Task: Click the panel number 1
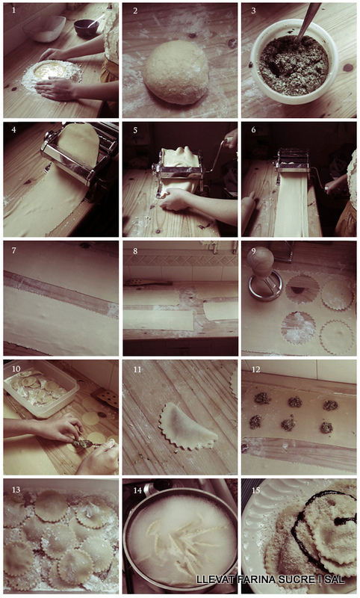[14, 10]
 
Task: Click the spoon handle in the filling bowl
[308, 21]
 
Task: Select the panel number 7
[14, 250]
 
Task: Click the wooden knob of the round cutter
[261, 263]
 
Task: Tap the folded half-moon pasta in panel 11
[187, 425]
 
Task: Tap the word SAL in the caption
[335, 580]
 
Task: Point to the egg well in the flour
[50, 71]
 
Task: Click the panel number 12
[255, 369]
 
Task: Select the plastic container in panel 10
[40, 387]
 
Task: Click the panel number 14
[137, 490]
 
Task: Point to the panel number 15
[256, 490]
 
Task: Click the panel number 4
[14, 130]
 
